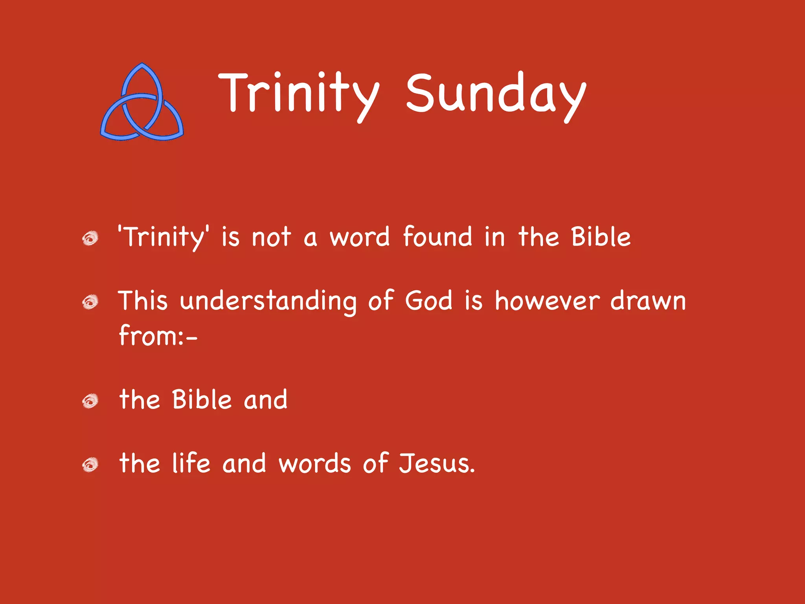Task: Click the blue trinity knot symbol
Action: click(142, 103)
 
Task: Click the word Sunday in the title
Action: click(496, 94)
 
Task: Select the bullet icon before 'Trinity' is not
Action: click(90, 238)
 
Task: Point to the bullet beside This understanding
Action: click(90, 302)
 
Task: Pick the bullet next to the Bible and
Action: click(90, 401)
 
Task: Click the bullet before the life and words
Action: click(90, 465)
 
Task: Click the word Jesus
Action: click(436, 463)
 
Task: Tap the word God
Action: click(429, 301)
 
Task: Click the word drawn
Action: click(648, 301)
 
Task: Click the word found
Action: click(437, 237)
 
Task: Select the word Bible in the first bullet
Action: click(601, 237)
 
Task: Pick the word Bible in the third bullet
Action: click(202, 400)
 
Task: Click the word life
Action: click(191, 463)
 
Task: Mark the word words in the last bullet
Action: click(314, 463)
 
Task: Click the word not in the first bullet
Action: click(271, 238)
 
